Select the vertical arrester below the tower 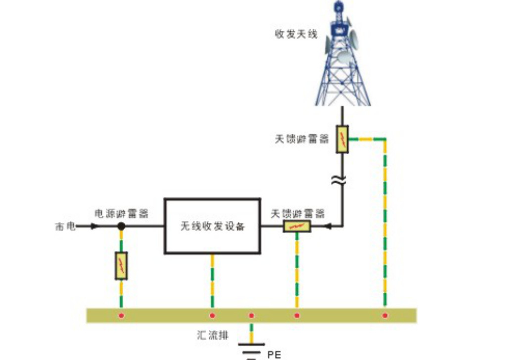342,139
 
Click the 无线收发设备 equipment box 212,226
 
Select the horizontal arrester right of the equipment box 297,227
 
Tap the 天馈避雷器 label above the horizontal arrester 298,214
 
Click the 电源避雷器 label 121,213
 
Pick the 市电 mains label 65,227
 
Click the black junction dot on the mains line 121,226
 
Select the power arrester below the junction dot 121,265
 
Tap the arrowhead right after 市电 94,226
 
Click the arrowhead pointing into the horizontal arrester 328,227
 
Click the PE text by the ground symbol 274,355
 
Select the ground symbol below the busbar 251,349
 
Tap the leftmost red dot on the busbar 121,315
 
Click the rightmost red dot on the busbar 385,315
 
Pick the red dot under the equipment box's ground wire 212,315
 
